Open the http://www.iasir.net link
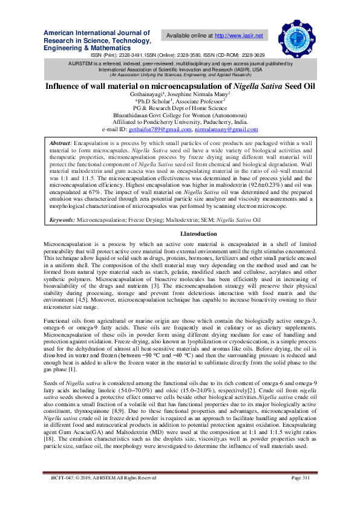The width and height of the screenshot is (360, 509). point(239,36)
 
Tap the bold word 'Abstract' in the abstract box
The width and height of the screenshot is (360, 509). point(61,141)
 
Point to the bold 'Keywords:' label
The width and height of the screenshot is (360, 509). point(62,221)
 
